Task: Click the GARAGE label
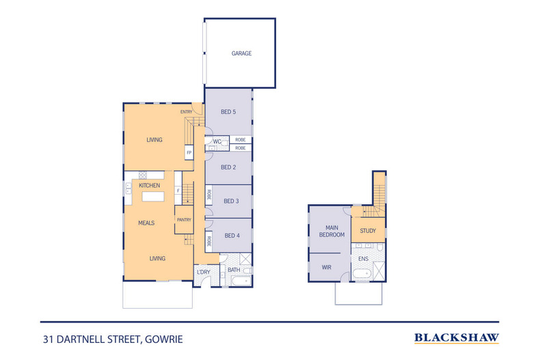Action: [x=241, y=53]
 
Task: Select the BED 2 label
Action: [x=228, y=167]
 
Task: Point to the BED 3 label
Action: [x=231, y=201]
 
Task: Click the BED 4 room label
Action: [x=231, y=236]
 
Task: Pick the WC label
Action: [x=217, y=142]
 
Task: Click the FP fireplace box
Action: [x=188, y=153]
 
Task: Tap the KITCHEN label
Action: [x=149, y=186]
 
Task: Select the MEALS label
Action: [x=146, y=223]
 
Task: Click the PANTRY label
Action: [x=184, y=219]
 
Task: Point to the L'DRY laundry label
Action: [x=203, y=272]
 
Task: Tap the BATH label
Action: [x=234, y=269]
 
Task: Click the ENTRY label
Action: [x=186, y=111]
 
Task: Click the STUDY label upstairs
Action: [x=368, y=231]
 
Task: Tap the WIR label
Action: [x=327, y=267]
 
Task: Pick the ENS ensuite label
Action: [x=364, y=259]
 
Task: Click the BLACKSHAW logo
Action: [x=457, y=337]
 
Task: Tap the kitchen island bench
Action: [x=154, y=197]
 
